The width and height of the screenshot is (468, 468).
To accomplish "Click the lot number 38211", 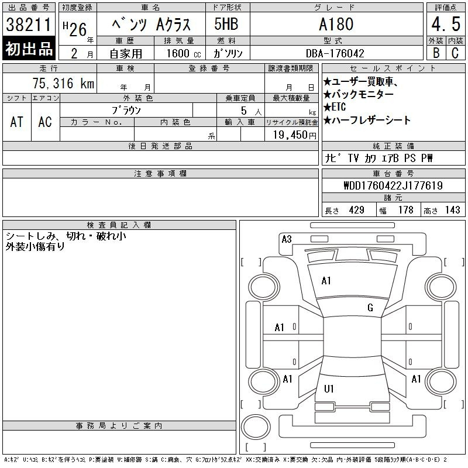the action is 29,25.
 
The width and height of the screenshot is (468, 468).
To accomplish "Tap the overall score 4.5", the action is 446,24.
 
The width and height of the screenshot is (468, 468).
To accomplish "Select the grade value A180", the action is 336,24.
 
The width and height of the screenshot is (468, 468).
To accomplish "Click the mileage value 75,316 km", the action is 63,83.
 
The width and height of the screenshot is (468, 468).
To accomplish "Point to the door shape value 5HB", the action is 226,24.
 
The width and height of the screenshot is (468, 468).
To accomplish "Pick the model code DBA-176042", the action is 335,53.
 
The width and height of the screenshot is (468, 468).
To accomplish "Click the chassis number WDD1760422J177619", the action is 393,185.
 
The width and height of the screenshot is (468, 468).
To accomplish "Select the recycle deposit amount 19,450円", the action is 295,135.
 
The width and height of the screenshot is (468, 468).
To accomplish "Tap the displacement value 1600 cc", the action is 184,53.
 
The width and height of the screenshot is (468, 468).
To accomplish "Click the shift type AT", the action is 16,122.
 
